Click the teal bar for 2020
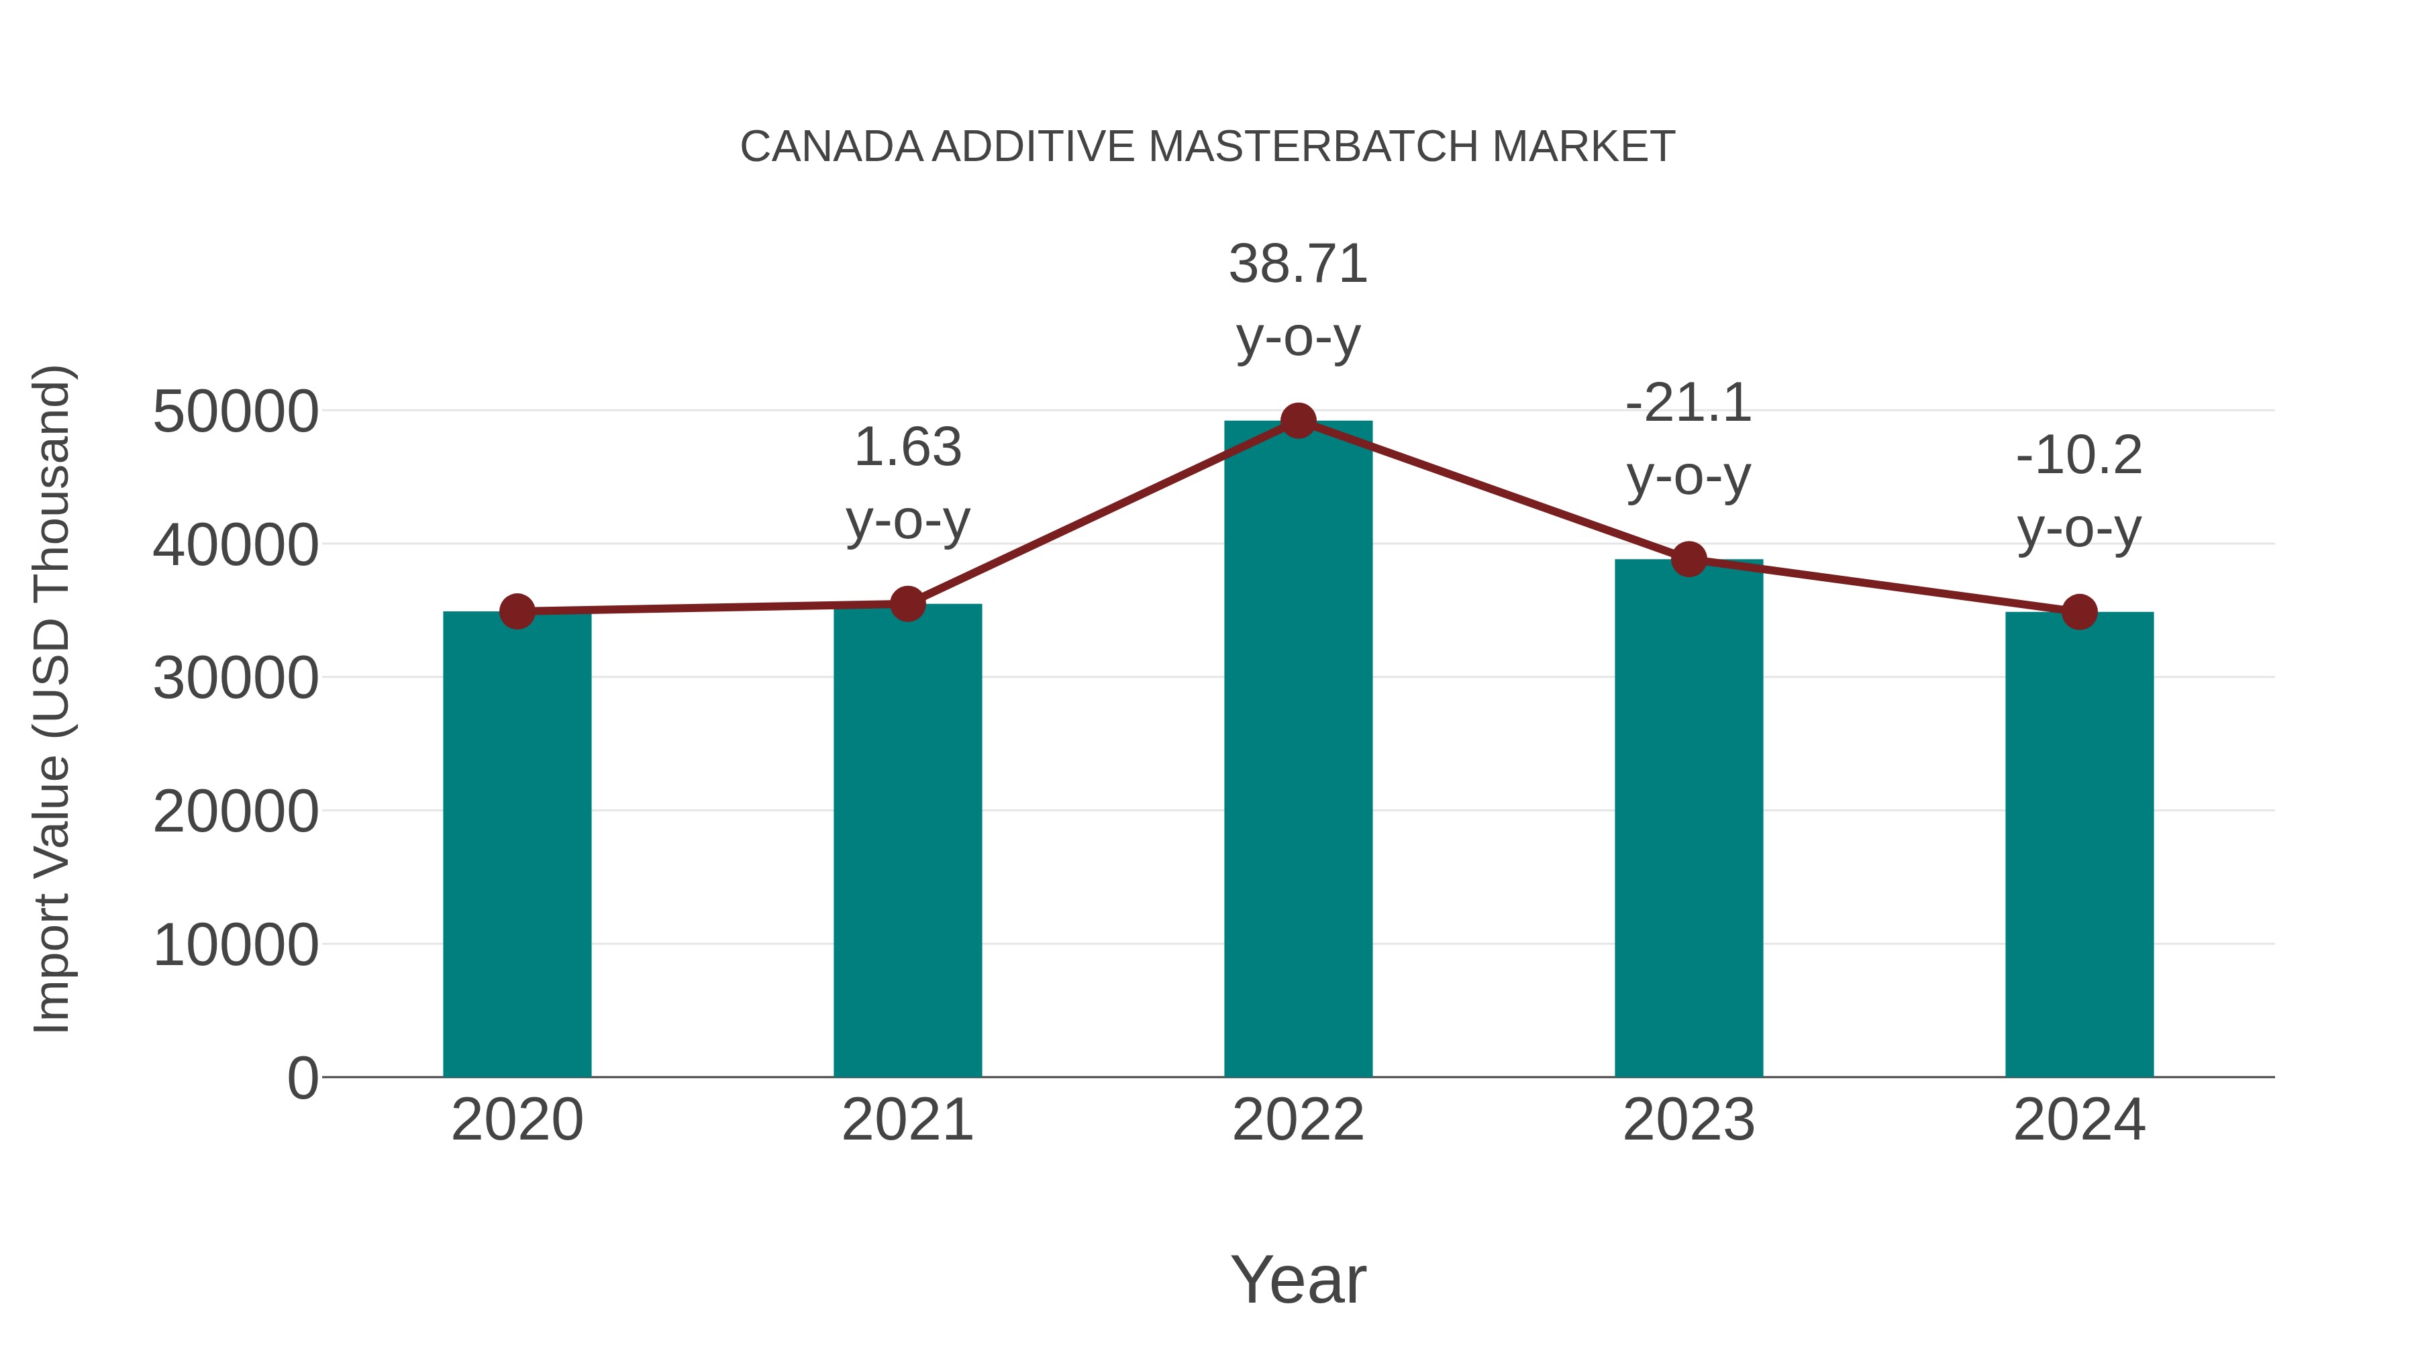[517, 844]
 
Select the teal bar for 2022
[1298, 750]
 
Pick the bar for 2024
[2079, 844]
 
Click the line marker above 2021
[907, 604]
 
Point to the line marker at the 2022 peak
[1298, 421]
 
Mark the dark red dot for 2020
[517, 611]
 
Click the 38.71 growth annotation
[1298, 264]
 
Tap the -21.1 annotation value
[1689, 403]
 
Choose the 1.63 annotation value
[907, 448]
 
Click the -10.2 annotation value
[2079, 456]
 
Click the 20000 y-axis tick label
[236, 811]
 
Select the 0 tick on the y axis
[302, 1078]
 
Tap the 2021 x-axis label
[907, 1120]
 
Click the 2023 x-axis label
[1689, 1120]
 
